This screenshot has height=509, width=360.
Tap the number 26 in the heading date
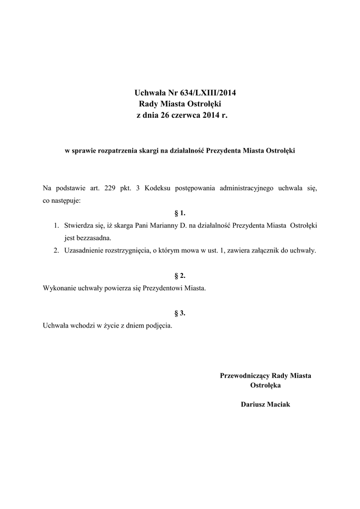(165, 115)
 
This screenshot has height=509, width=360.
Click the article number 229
(111, 189)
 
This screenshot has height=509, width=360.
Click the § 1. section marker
(180, 213)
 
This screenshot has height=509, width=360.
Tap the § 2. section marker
(180, 275)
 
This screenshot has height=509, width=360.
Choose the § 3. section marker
(180, 313)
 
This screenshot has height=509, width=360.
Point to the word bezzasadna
(88, 238)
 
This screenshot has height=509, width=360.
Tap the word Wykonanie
(60, 288)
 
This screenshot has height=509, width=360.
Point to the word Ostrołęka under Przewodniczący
(266, 385)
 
